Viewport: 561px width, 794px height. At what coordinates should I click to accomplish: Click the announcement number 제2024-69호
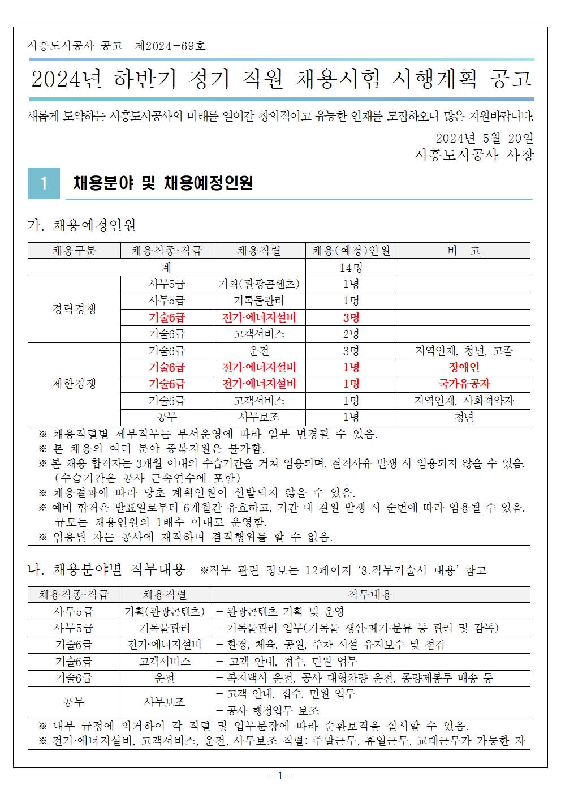[x=170, y=46]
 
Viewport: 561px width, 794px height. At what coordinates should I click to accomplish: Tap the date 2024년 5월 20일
[x=484, y=138]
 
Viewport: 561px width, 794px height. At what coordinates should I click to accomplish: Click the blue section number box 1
[x=44, y=183]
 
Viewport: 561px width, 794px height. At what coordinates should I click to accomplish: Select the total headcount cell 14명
[x=351, y=268]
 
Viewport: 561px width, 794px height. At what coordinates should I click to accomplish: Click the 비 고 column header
[x=464, y=251]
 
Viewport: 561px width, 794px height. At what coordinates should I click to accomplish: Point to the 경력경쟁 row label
[x=74, y=309]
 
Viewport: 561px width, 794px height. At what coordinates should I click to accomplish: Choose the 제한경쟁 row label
[x=74, y=384]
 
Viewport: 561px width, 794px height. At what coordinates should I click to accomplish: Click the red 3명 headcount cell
[x=351, y=317]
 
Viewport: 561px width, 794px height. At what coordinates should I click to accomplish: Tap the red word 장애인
[x=464, y=367]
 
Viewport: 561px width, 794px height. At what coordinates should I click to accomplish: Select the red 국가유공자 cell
[x=464, y=384]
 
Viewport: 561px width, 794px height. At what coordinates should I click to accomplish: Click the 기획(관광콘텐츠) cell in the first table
[x=259, y=284]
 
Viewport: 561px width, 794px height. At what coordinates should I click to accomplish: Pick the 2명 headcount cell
[x=351, y=334]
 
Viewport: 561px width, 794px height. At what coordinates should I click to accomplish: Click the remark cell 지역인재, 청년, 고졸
[x=464, y=351]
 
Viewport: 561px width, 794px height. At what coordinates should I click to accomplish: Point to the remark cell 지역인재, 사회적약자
[x=464, y=401]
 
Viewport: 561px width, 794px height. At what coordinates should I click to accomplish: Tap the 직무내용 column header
[x=370, y=595]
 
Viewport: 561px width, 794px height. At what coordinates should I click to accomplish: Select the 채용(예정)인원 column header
[x=351, y=251]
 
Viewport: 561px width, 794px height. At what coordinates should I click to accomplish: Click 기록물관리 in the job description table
[x=165, y=628]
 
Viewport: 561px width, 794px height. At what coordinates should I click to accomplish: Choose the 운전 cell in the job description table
[x=165, y=678]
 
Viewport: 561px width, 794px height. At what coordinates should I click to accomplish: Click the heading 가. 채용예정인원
[x=82, y=225]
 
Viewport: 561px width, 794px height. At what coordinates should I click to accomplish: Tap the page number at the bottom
[x=280, y=775]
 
